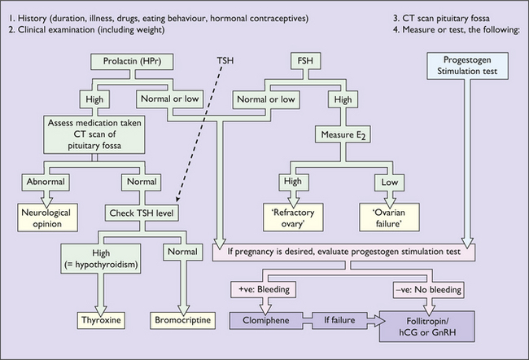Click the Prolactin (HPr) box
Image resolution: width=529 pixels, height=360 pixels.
tap(129, 61)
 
